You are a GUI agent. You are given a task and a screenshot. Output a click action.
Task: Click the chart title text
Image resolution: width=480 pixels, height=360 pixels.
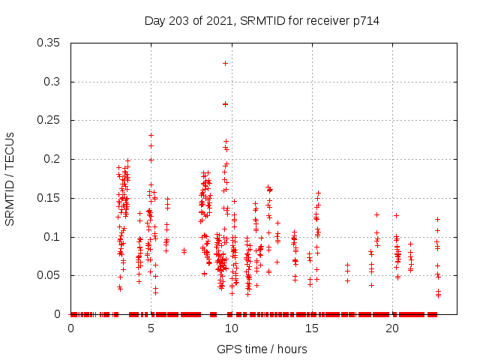(262, 21)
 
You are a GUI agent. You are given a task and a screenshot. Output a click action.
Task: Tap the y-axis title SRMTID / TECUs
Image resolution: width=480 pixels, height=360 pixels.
(10, 178)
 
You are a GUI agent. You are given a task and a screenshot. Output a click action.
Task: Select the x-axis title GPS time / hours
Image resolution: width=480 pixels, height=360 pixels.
(262, 349)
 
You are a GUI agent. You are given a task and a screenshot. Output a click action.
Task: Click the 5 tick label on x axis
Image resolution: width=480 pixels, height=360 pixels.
(151, 328)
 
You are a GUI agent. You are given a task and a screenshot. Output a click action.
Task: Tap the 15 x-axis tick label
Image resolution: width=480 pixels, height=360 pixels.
(312, 328)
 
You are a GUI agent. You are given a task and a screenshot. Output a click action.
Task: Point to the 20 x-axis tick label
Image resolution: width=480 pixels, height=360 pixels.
(392, 328)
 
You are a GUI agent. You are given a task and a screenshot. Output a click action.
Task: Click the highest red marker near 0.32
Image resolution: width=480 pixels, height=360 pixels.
(225, 64)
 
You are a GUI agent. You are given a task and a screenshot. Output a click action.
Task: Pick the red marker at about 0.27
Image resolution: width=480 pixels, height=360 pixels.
(225, 104)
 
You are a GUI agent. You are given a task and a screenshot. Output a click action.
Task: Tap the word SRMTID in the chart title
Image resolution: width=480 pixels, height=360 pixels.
(257, 21)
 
